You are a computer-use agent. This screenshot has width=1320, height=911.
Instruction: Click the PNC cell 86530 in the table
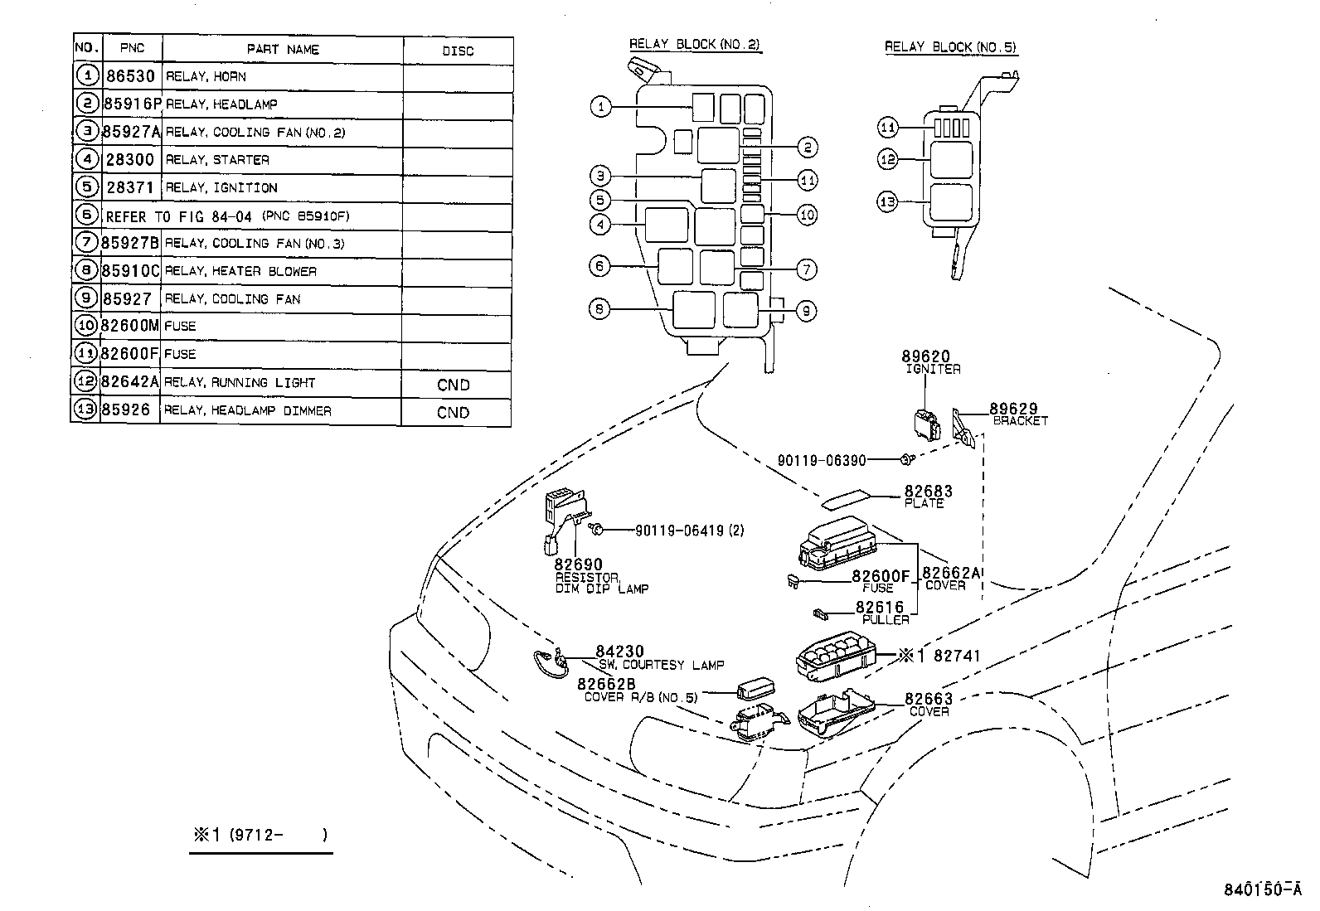click(x=130, y=76)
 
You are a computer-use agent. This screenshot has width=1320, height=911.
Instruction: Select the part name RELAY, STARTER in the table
click(x=217, y=160)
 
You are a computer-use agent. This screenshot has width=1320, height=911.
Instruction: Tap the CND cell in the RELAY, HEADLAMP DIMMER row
click(x=453, y=413)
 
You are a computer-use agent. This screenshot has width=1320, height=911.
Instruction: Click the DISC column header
click(x=458, y=51)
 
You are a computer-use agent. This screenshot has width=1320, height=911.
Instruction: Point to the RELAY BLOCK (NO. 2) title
click(x=694, y=45)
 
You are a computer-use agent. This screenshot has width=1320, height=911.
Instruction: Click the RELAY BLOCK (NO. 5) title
click(x=949, y=47)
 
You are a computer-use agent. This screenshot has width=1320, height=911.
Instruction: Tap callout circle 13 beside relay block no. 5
click(x=888, y=201)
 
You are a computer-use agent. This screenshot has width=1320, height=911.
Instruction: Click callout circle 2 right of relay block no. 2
click(x=807, y=148)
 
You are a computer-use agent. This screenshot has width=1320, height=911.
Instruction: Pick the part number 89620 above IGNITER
click(x=926, y=357)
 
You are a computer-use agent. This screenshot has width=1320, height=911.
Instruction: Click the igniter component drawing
click(x=927, y=424)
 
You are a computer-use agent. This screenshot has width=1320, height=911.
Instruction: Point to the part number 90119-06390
click(x=822, y=460)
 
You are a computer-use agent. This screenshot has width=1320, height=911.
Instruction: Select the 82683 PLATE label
click(x=928, y=496)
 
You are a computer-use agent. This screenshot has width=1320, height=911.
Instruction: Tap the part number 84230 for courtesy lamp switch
click(x=619, y=652)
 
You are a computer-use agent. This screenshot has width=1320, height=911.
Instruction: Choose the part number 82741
click(x=957, y=656)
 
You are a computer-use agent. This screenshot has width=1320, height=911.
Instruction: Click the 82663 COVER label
click(x=929, y=704)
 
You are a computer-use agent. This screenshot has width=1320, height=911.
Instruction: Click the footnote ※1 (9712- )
click(x=260, y=835)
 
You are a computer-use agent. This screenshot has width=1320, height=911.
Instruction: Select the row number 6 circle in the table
click(x=86, y=216)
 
